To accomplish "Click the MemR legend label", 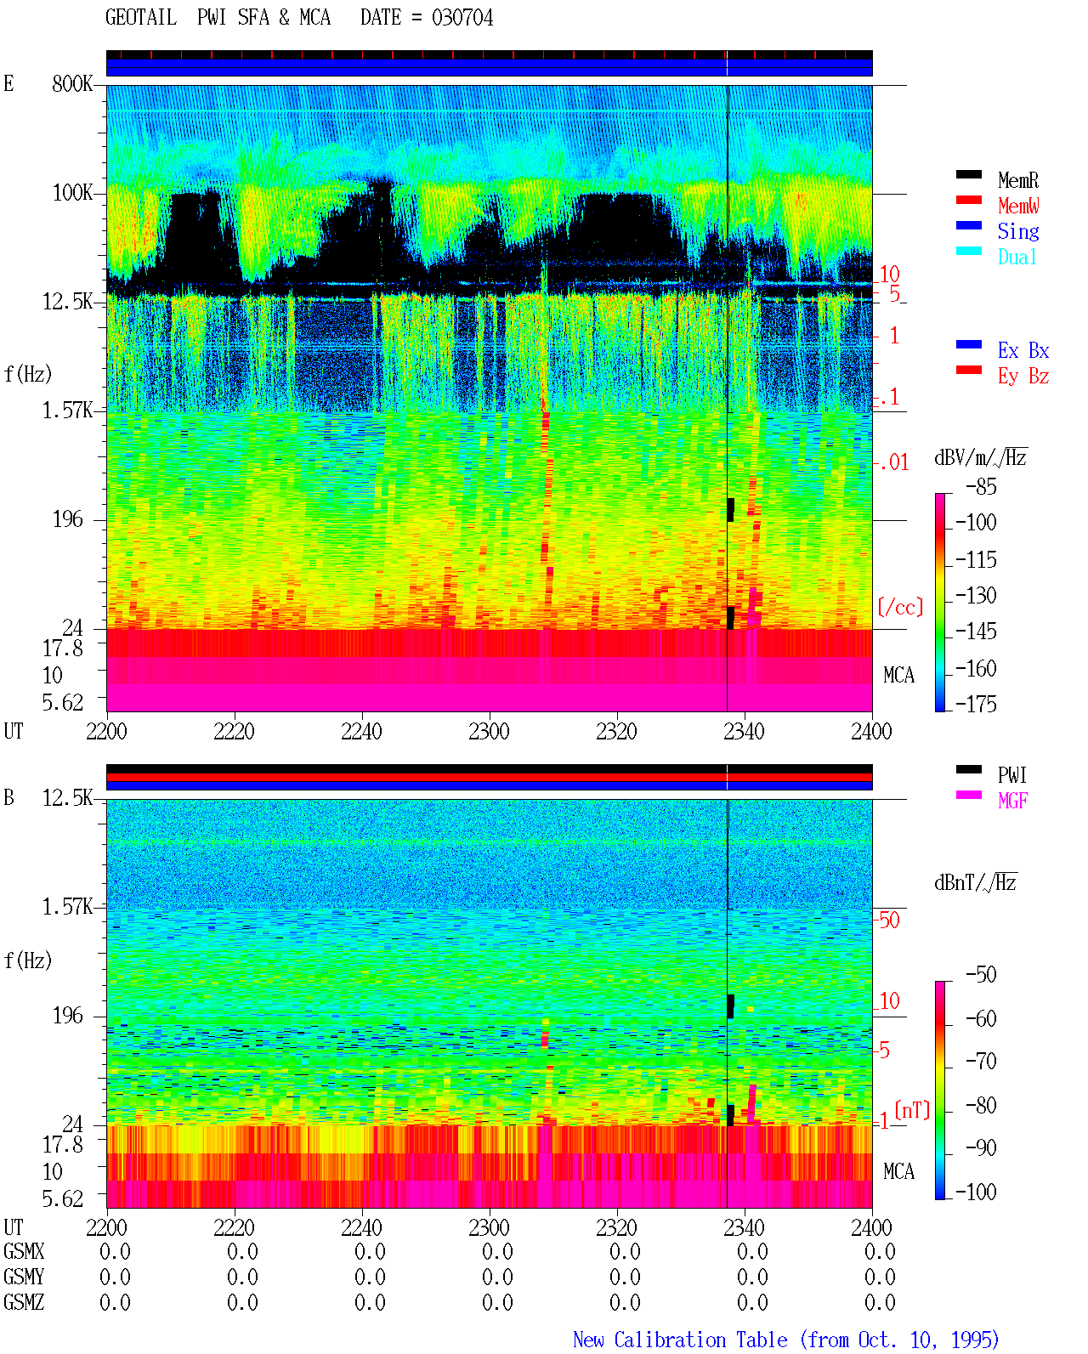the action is [1017, 180].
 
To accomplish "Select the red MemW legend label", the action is [1018, 205].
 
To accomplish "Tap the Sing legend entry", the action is [1017, 231].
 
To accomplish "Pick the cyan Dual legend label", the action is [1017, 257].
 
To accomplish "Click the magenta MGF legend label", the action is [1012, 801].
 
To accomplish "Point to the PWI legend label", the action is [1011, 774].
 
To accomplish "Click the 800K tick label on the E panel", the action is [72, 83].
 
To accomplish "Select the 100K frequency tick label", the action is [72, 193].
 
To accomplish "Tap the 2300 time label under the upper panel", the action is [489, 731].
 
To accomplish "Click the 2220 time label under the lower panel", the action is [234, 1227].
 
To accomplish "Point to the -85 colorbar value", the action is [981, 486].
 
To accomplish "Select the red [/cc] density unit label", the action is [900, 607].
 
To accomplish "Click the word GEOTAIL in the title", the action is [141, 18].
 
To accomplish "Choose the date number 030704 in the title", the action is [462, 18].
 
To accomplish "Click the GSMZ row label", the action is [24, 1302].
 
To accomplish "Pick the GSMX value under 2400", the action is [880, 1251].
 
